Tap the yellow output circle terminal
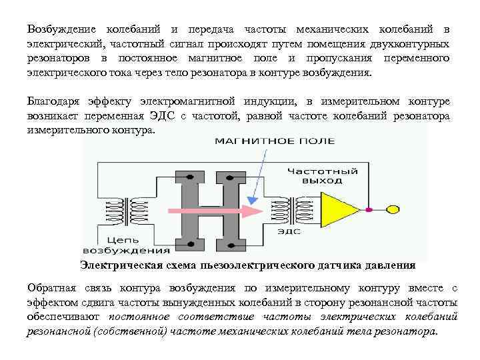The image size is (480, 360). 393,209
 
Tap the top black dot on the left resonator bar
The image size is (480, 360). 191,177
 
